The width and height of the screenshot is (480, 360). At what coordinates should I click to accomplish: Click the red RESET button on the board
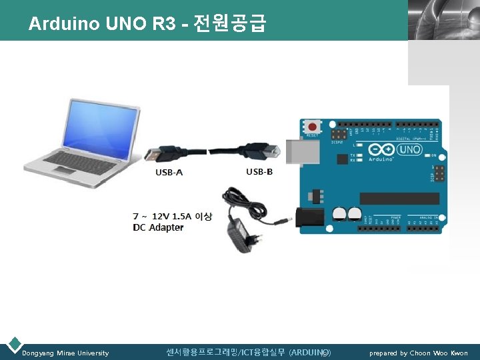click(311, 126)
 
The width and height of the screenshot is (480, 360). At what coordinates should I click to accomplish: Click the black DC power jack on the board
click(310, 217)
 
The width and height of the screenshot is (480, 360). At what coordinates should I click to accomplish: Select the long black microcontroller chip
click(399, 198)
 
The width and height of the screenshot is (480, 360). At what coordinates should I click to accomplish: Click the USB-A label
click(169, 173)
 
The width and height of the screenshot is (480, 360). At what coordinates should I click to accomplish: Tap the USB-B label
click(259, 171)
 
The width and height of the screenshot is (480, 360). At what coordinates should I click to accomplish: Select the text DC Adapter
click(158, 227)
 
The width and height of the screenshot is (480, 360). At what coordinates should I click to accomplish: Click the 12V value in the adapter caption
click(160, 216)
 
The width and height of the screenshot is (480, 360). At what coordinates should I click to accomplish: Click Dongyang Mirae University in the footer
click(65, 353)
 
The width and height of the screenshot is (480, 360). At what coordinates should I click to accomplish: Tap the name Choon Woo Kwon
click(439, 353)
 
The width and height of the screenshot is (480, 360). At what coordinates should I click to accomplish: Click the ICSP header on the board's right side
click(437, 174)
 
